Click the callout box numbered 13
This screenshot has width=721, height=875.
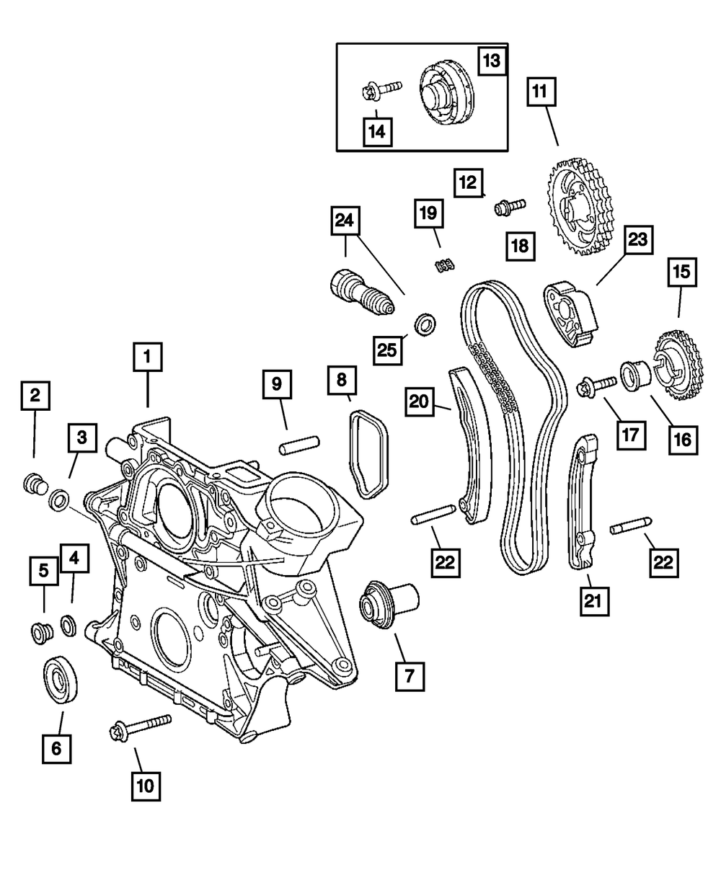tap(492, 61)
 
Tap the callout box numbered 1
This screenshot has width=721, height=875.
tap(148, 357)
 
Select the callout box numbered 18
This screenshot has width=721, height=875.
tap(521, 246)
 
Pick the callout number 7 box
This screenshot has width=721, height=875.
tap(410, 676)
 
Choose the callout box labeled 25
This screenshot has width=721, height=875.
tap(388, 350)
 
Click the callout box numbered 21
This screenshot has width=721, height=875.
tap(594, 601)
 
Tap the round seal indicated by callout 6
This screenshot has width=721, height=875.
tap(61, 680)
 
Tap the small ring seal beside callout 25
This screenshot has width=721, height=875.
tap(425, 324)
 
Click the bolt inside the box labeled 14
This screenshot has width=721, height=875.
tap(381, 91)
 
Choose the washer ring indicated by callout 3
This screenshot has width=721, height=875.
tap(59, 499)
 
